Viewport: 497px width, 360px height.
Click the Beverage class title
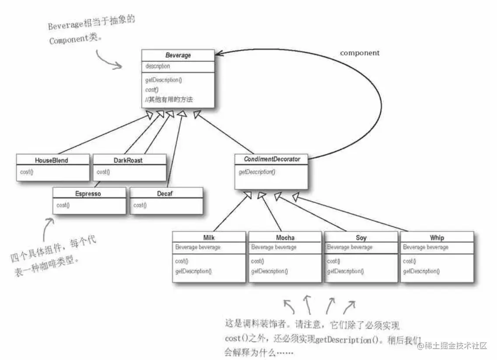click(178, 56)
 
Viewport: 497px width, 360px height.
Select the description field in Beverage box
click(157, 66)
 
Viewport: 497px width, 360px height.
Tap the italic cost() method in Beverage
click(152, 90)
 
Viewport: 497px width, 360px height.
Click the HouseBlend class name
click(52, 160)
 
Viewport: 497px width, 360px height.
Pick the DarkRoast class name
click(128, 160)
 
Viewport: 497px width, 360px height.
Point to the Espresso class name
click(88, 194)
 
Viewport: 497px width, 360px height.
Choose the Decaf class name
click(166, 194)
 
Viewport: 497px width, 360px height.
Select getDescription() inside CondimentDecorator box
click(257, 172)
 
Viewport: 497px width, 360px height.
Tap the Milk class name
click(209, 238)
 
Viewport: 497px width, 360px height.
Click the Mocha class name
click(285, 238)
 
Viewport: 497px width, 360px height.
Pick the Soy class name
click(361, 238)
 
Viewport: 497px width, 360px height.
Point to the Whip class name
click(437, 238)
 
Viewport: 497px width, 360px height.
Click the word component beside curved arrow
click(360, 53)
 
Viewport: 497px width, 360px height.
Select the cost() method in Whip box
click(409, 261)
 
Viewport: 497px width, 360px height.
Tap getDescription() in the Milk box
click(193, 271)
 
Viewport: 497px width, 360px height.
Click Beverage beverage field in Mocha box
click(274, 247)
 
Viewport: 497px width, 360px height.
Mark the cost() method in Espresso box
click(63, 205)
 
